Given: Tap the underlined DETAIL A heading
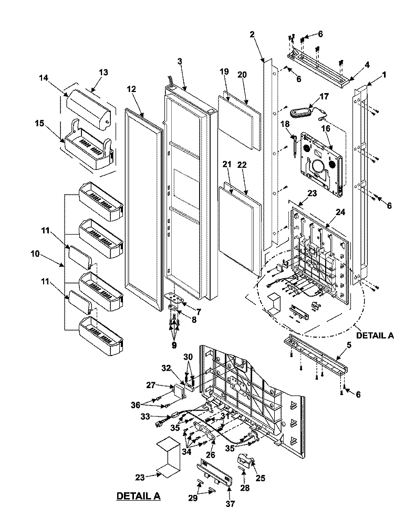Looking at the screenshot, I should click(138, 495).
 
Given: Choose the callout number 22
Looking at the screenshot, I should click(242, 165).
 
